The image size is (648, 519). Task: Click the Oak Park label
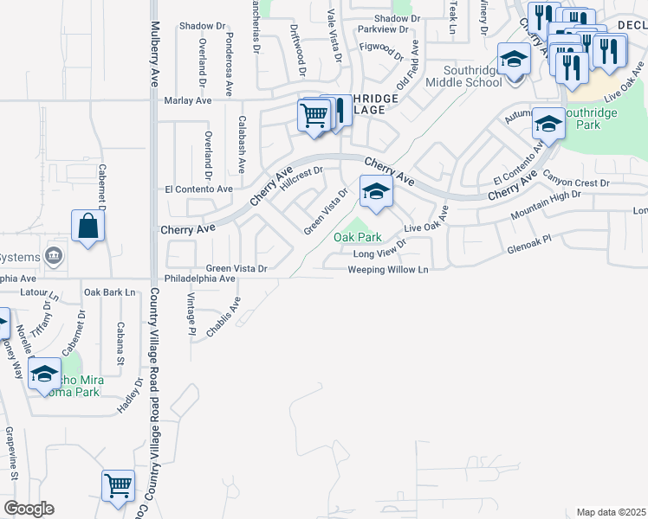[358, 236]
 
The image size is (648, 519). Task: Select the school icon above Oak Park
[375, 193]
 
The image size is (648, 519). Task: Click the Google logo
[29, 509]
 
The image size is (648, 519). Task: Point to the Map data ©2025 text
[611, 512]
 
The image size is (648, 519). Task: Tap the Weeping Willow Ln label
[388, 270]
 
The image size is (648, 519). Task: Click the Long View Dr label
[379, 253]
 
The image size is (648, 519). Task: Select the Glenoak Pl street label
[528, 248]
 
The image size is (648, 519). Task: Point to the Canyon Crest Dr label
[576, 182]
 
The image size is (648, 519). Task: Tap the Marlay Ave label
[188, 101]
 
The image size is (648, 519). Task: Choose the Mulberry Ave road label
[155, 53]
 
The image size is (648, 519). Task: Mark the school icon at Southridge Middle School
[514, 60]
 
